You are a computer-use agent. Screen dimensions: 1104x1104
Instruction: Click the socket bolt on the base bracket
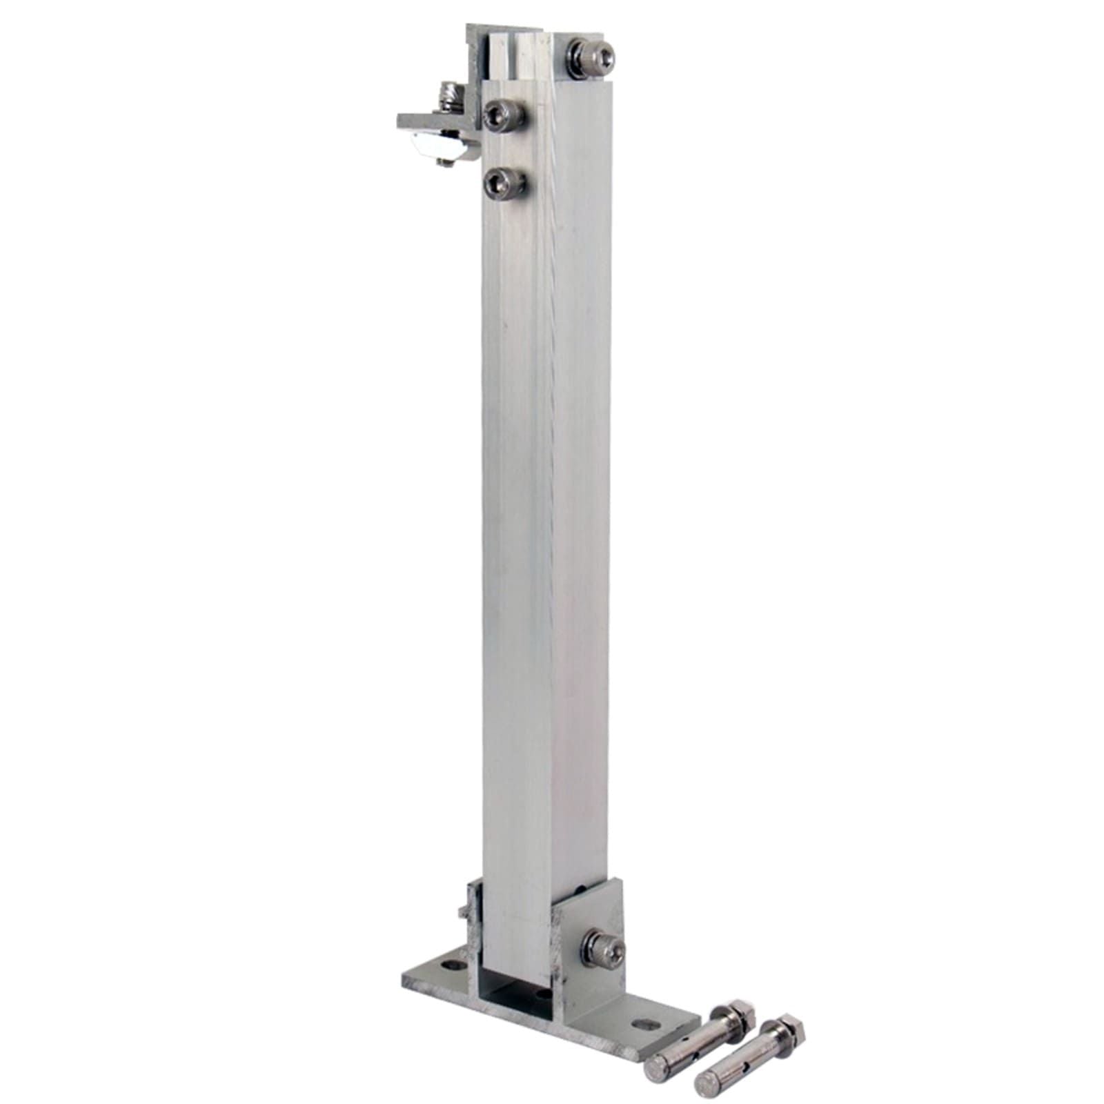coord(605,949)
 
